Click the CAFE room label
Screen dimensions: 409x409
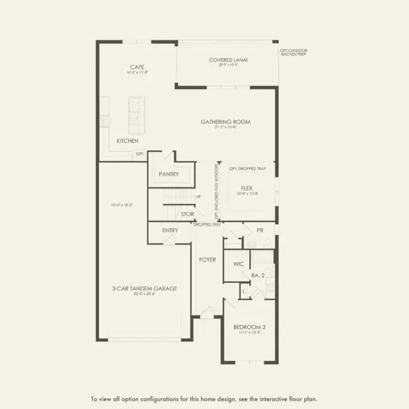pyautogui.click(x=136, y=66)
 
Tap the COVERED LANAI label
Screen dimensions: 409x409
pyautogui.click(x=228, y=60)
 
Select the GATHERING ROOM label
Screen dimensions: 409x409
pyautogui.click(x=225, y=121)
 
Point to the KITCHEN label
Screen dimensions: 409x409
pyautogui.click(x=127, y=141)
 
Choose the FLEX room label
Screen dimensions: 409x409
pyautogui.click(x=247, y=188)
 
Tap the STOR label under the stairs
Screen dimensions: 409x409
pyautogui.click(x=187, y=214)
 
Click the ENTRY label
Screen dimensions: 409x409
pyautogui.click(x=170, y=230)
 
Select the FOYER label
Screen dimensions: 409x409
pyautogui.click(x=207, y=259)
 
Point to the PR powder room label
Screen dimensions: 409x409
pyautogui.click(x=260, y=229)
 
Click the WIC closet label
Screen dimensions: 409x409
pyautogui.click(x=238, y=263)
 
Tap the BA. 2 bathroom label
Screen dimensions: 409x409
pyautogui.click(x=258, y=275)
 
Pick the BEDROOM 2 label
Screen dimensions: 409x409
pyautogui.click(x=249, y=327)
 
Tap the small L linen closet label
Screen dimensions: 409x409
pyautogui.click(x=243, y=291)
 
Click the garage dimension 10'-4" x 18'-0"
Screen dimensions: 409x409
pyautogui.click(x=125, y=205)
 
